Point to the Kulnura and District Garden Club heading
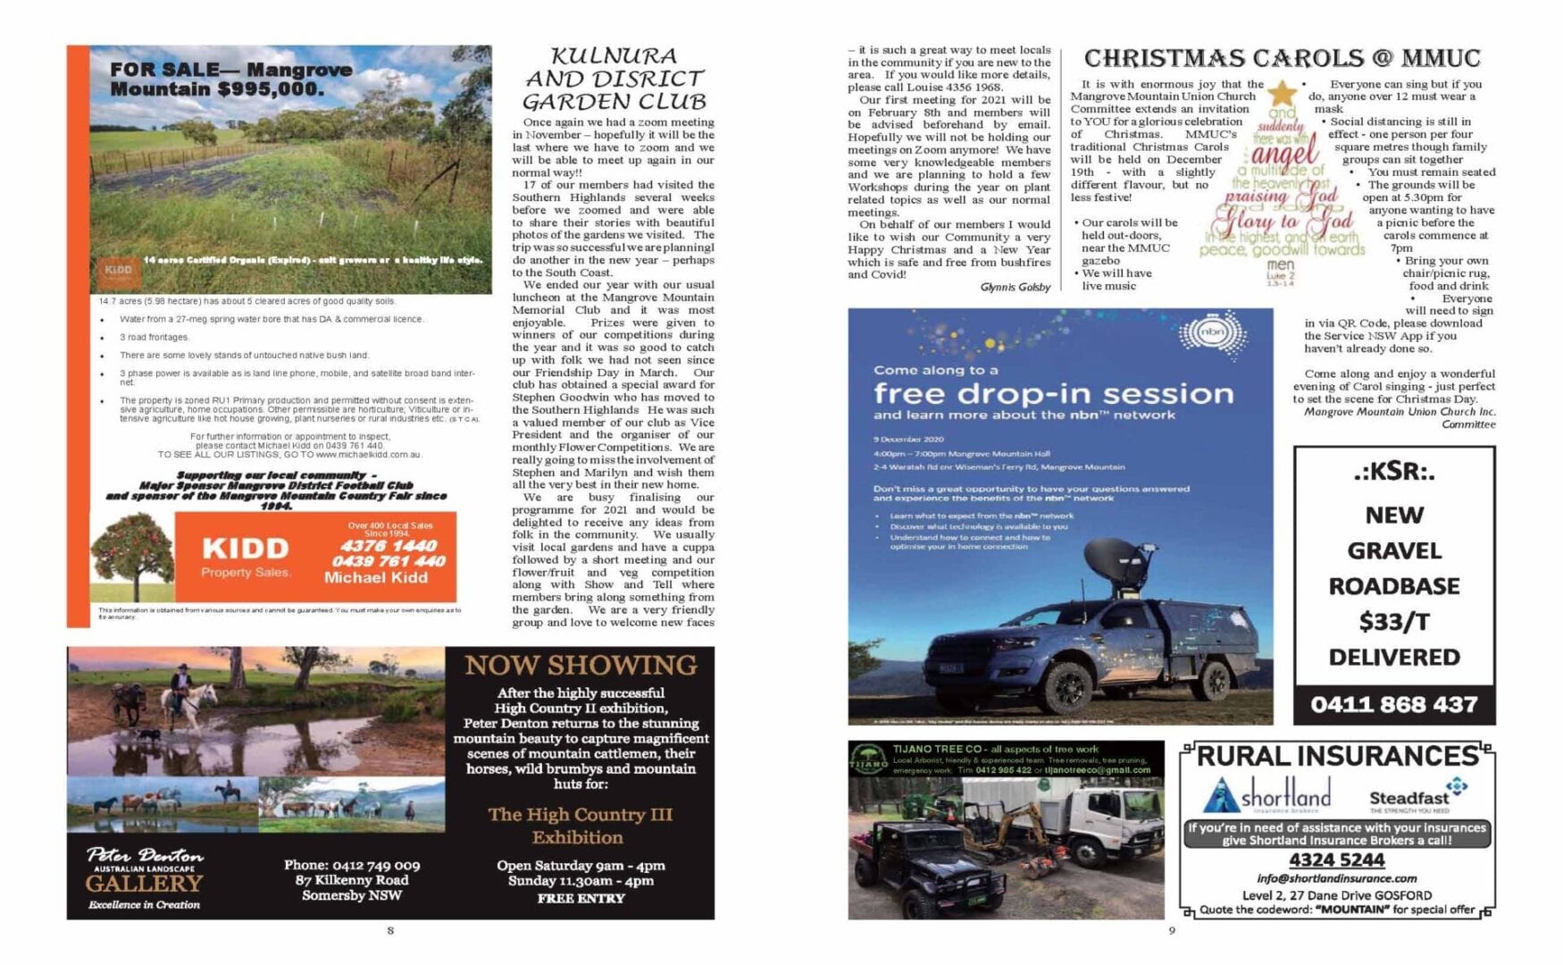[x=614, y=79]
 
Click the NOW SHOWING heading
[x=581, y=666]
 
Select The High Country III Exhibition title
[x=580, y=826]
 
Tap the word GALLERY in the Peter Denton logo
[x=144, y=883]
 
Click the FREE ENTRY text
[x=581, y=898]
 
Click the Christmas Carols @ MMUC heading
[x=1282, y=59]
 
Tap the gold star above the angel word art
[x=1283, y=93]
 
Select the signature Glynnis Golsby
[x=1015, y=287]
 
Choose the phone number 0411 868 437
[x=1393, y=704]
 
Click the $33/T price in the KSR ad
[x=1393, y=621]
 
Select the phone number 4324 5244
[x=1336, y=860]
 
